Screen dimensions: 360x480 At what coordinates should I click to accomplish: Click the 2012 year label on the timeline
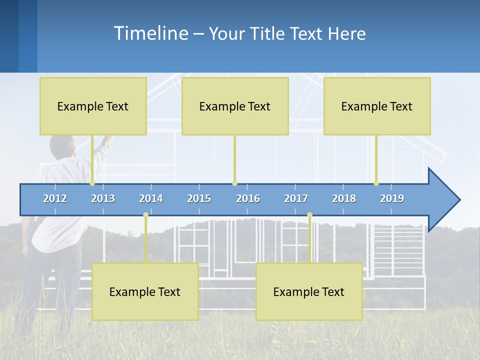click(55, 198)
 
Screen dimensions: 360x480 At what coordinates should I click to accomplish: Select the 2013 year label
click(103, 198)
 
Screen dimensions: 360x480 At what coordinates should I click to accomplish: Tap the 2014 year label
click(151, 198)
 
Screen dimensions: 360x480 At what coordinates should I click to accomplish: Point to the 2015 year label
click(199, 198)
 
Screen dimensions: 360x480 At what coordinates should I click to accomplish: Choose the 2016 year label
click(248, 198)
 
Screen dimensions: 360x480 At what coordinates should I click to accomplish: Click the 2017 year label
click(296, 198)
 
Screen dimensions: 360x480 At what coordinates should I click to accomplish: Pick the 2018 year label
click(344, 198)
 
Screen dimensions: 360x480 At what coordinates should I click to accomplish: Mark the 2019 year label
click(392, 198)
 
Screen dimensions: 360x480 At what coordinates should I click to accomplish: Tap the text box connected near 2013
click(93, 106)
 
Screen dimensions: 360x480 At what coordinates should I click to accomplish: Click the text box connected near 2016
click(235, 106)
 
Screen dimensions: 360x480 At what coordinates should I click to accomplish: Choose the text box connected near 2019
click(377, 106)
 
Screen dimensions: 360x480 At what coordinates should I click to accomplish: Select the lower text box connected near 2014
click(145, 291)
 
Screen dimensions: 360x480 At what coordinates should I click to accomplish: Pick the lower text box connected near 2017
click(309, 291)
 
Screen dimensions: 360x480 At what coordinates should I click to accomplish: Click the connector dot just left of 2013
click(92, 183)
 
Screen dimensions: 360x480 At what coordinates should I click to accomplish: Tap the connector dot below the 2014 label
click(145, 215)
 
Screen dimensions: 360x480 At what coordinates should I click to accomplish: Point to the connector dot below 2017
click(309, 215)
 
